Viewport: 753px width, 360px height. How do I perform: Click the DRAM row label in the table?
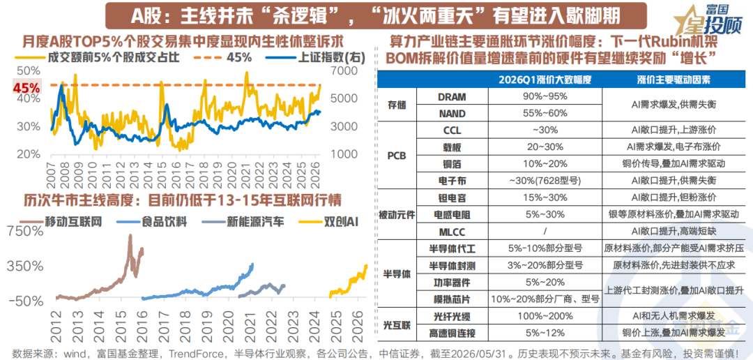click(x=452, y=96)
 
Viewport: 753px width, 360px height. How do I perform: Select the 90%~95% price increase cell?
click(x=545, y=96)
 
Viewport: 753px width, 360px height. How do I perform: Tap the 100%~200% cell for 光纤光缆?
click(x=545, y=316)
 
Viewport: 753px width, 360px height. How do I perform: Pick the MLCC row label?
click(x=452, y=231)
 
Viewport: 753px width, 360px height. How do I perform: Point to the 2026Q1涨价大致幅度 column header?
click(x=545, y=79)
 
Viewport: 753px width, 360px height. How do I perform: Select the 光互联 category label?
click(x=398, y=324)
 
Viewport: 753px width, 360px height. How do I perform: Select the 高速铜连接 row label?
click(x=452, y=333)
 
